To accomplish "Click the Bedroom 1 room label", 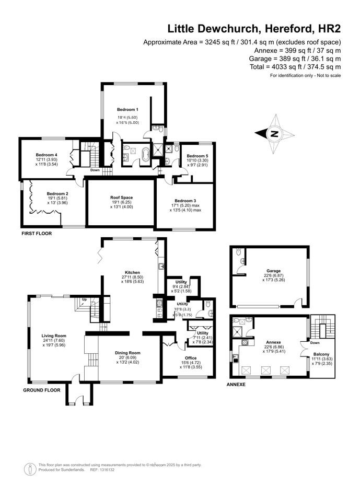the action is pos(127,110).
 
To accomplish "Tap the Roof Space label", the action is pos(122,198).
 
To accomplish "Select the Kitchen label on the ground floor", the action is pos(132,272).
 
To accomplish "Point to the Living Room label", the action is pos(54,336).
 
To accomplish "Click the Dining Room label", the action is pos(127,353).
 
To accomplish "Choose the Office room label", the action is pos(191,358).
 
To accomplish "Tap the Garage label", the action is pos(274,271).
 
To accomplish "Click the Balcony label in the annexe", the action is pos(321,354).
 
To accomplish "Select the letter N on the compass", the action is pos(274,134).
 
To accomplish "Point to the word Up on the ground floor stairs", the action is pos(85,299).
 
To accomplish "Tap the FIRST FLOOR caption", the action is pos(37,234).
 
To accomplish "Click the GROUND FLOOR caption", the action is pos(42,390).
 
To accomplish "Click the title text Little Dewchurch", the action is pos(213,29).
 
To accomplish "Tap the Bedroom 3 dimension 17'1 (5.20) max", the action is pos(185,205).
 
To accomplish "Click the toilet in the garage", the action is pos(238,252).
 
